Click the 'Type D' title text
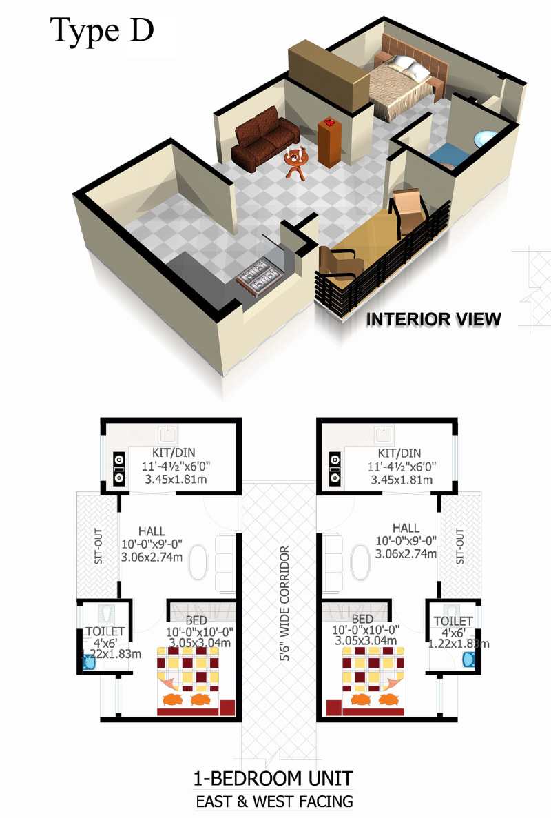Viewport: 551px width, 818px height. (102, 31)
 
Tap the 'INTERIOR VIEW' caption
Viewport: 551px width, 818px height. (433, 319)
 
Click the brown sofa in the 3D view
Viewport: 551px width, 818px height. (264, 139)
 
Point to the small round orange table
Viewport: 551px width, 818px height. (296, 162)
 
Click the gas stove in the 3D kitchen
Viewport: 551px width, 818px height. (258, 276)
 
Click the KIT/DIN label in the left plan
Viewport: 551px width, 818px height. (174, 452)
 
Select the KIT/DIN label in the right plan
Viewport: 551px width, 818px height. (399, 452)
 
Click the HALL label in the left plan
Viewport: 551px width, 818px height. (152, 531)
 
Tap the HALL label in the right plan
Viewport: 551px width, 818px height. (406, 528)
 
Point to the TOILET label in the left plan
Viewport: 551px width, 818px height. (105, 631)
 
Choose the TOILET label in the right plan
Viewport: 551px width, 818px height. (453, 621)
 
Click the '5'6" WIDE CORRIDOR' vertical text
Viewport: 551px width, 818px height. (284, 604)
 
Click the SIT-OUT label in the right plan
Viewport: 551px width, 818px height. (459, 546)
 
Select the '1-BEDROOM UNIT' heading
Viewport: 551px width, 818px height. (273, 778)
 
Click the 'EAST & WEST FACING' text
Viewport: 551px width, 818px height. (274, 801)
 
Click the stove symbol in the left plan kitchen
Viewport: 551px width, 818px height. (119, 468)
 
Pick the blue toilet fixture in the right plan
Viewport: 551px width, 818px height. (469, 658)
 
